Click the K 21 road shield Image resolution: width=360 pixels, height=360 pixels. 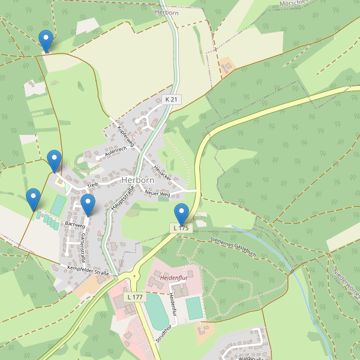click(171, 100)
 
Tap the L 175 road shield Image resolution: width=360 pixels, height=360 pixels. click(182, 228)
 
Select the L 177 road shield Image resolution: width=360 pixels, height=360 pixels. click(134, 297)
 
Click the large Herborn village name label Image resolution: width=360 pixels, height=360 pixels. click(138, 180)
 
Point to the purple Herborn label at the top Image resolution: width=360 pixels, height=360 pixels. click(166, 12)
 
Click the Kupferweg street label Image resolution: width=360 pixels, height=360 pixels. click(128, 137)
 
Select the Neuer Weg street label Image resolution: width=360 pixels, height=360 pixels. click(158, 193)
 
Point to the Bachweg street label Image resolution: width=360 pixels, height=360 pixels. click(74, 224)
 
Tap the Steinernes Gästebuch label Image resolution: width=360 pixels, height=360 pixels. click(233, 247)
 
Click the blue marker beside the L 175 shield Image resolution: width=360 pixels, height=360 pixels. click(181, 214)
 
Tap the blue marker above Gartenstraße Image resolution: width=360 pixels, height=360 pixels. click(88, 205)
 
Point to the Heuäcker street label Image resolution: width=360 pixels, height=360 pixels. click(162, 175)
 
